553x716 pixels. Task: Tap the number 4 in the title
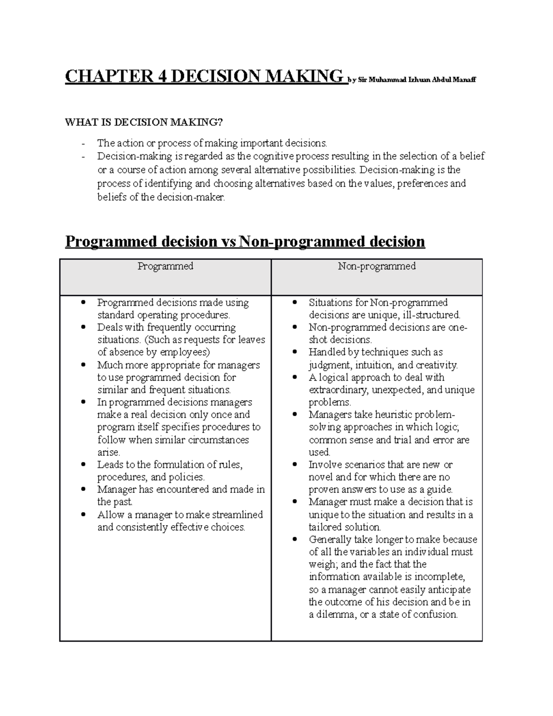pyautogui.click(x=162, y=76)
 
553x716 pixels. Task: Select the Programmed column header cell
pyautogui.click(x=165, y=277)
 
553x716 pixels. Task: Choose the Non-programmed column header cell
pyautogui.click(x=377, y=277)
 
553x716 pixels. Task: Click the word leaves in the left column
pyautogui.click(x=252, y=340)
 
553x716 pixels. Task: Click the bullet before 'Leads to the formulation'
pyautogui.click(x=83, y=465)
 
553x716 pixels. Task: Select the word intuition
pyautogui.click(x=374, y=365)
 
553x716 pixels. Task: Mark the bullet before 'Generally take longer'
pyautogui.click(x=294, y=539)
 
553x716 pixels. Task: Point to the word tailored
pyautogui.click(x=327, y=527)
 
